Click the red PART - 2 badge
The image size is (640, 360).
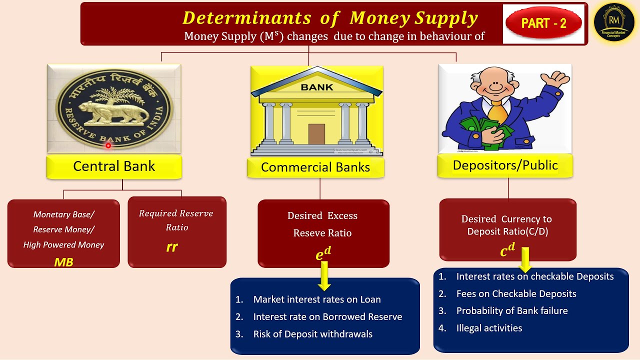(x=543, y=23)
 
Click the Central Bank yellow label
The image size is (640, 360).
(x=114, y=166)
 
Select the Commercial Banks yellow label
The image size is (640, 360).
(x=315, y=167)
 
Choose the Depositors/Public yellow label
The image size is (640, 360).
(x=505, y=165)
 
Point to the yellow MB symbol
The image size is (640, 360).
(x=63, y=261)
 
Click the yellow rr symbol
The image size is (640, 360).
(x=171, y=247)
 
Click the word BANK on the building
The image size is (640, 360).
(x=316, y=87)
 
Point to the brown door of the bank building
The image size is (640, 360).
(x=316, y=133)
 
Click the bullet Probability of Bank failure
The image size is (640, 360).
(x=511, y=310)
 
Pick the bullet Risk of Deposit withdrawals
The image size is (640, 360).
(x=312, y=334)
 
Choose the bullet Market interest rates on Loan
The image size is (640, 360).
(x=316, y=299)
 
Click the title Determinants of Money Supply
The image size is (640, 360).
(x=330, y=18)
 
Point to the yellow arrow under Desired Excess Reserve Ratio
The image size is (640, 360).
(x=324, y=276)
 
